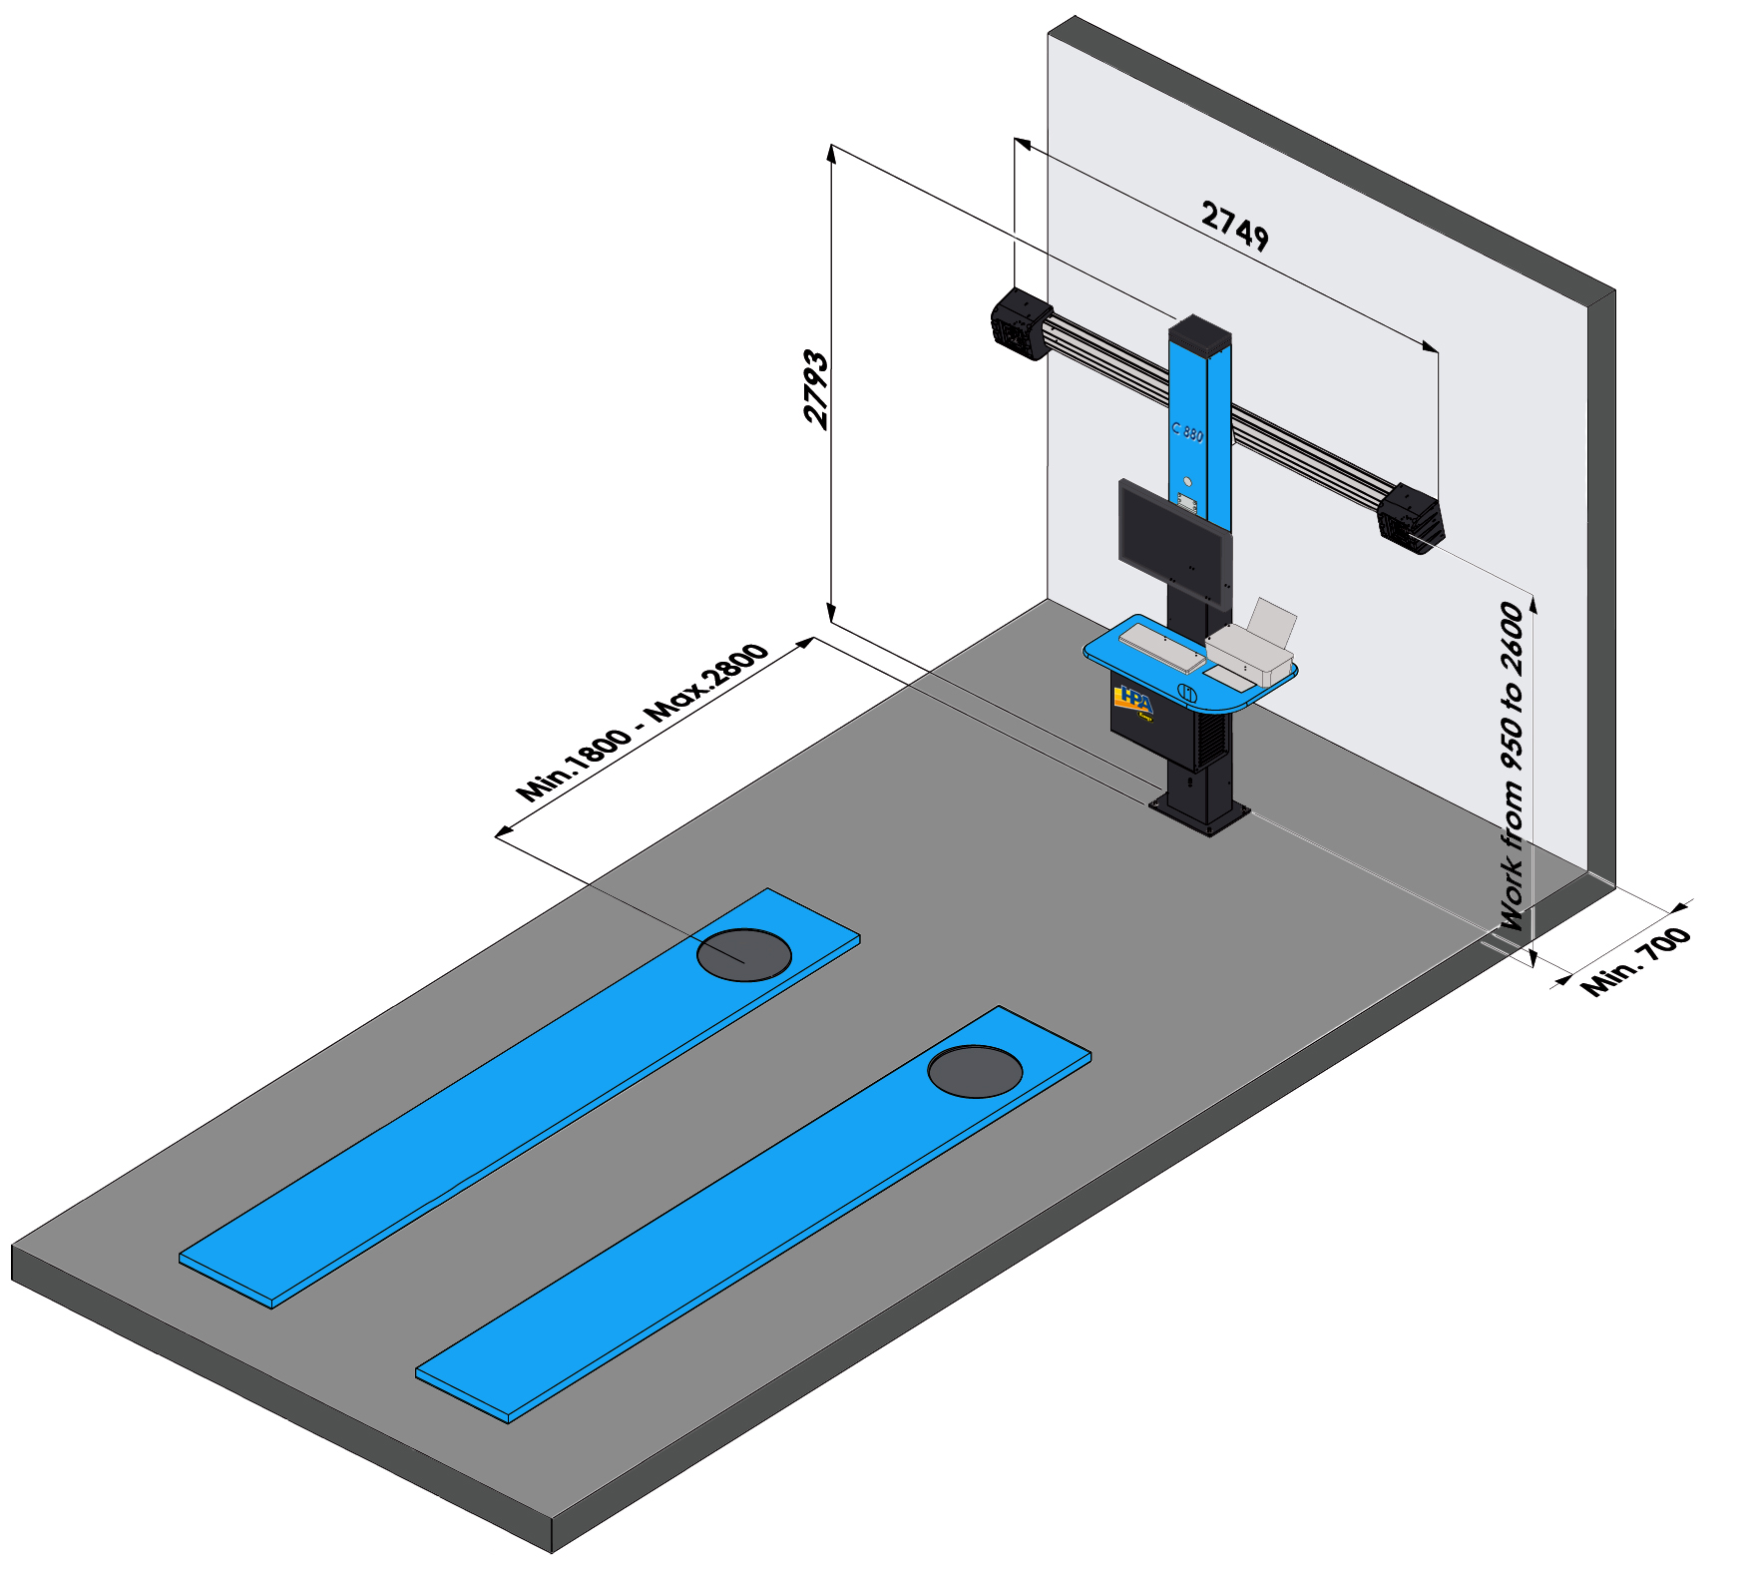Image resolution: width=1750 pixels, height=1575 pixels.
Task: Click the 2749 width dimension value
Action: click(1234, 226)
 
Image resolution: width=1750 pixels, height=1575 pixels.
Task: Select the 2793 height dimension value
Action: click(816, 390)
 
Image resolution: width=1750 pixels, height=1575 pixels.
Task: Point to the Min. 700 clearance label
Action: click(1636, 961)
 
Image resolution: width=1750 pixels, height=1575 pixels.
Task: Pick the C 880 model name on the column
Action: click(1187, 431)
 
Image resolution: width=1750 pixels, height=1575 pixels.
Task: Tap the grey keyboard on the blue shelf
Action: click(1161, 646)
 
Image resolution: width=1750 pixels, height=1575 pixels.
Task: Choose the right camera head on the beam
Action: click(1411, 518)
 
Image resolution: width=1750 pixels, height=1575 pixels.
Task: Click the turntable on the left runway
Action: click(743, 954)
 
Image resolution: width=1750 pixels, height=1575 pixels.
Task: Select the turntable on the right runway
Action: click(975, 1071)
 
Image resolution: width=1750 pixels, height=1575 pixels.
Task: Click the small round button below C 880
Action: click(1186, 482)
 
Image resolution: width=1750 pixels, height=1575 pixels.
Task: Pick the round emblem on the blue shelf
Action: click(1187, 692)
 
